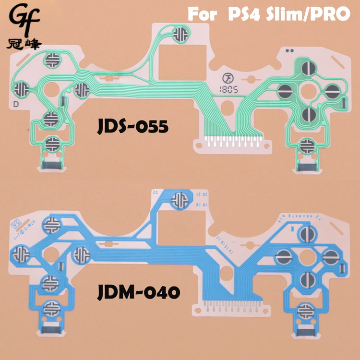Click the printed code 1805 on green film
tap(230, 89)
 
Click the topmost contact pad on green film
tap(180, 34)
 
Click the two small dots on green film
tap(288, 50)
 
